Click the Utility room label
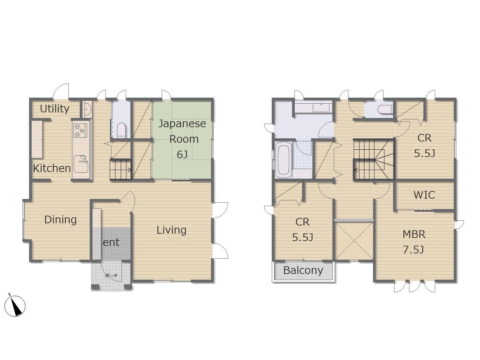[x=55, y=109]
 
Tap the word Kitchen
[x=52, y=168]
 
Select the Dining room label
[x=60, y=220]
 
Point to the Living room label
[x=171, y=230]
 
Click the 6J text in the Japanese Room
[x=182, y=155]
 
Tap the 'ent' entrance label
[x=111, y=242]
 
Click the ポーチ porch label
[x=111, y=276]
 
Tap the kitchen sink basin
[x=81, y=164]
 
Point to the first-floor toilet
[x=121, y=130]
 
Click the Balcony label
[x=303, y=270]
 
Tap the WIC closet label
[x=424, y=195]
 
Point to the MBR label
[x=414, y=234]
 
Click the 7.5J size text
[x=414, y=250]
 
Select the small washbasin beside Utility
[x=87, y=109]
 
